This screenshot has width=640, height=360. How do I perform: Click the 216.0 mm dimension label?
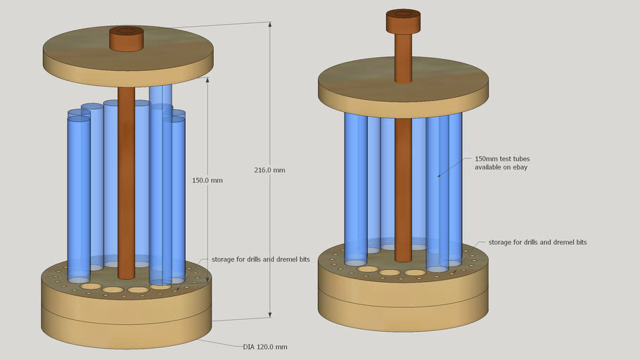(x=270, y=170)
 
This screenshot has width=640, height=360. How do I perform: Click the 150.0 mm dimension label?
(x=207, y=180)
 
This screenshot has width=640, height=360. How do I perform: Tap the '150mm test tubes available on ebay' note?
(x=501, y=163)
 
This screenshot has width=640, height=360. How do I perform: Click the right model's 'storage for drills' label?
(x=537, y=242)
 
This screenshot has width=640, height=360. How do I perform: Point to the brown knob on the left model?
(x=126, y=39)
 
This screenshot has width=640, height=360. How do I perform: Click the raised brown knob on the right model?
(x=403, y=21)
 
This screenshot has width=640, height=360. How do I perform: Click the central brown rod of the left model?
(x=126, y=183)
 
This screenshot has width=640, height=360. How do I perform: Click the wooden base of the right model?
(x=403, y=302)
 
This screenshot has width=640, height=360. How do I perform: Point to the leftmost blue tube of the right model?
(x=355, y=183)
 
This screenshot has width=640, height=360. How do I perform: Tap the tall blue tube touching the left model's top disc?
(x=160, y=96)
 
